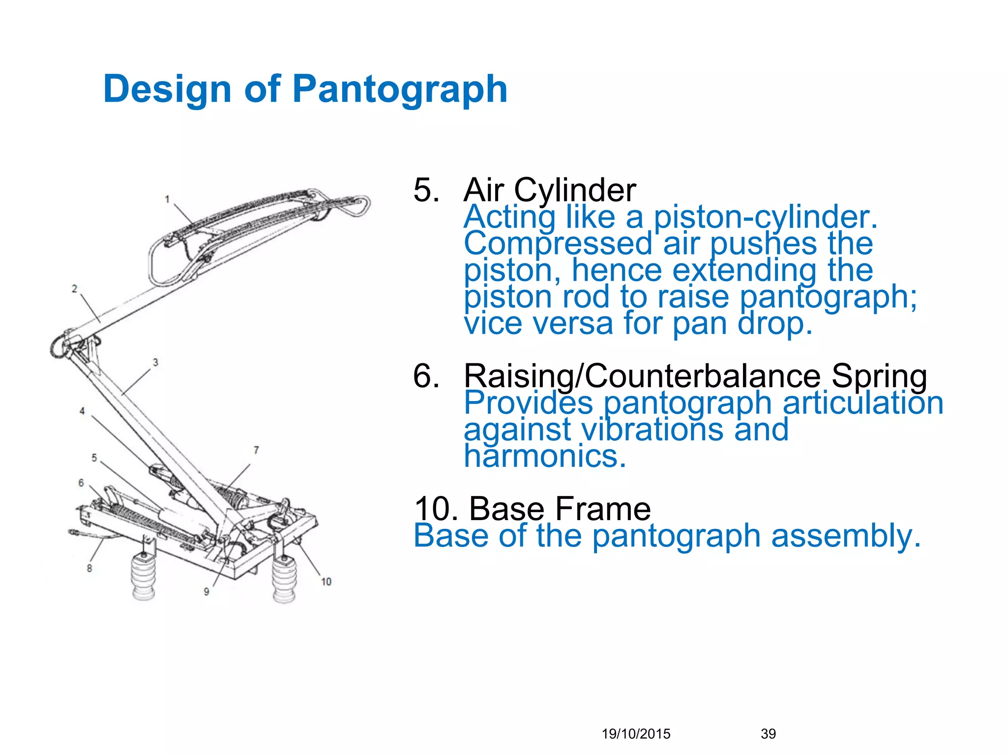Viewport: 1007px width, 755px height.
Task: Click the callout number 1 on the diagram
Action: coord(167,199)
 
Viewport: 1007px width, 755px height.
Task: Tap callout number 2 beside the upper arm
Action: coord(74,289)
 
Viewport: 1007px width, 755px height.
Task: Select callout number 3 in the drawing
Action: coord(155,362)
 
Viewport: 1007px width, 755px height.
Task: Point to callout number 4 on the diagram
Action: coord(82,411)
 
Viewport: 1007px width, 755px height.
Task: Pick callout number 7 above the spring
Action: coord(256,450)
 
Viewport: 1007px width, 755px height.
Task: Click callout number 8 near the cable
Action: coord(89,568)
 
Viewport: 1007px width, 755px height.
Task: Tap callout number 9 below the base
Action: coord(207,592)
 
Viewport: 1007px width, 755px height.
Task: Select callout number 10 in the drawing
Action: coord(326,582)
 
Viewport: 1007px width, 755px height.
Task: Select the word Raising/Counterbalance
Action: coord(642,376)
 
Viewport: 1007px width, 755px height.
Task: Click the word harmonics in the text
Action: coord(545,456)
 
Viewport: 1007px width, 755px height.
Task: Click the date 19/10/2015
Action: coord(636,734)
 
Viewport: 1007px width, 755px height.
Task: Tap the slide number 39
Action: coord(768,734)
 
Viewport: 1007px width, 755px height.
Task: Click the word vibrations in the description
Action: coord(652,430)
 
